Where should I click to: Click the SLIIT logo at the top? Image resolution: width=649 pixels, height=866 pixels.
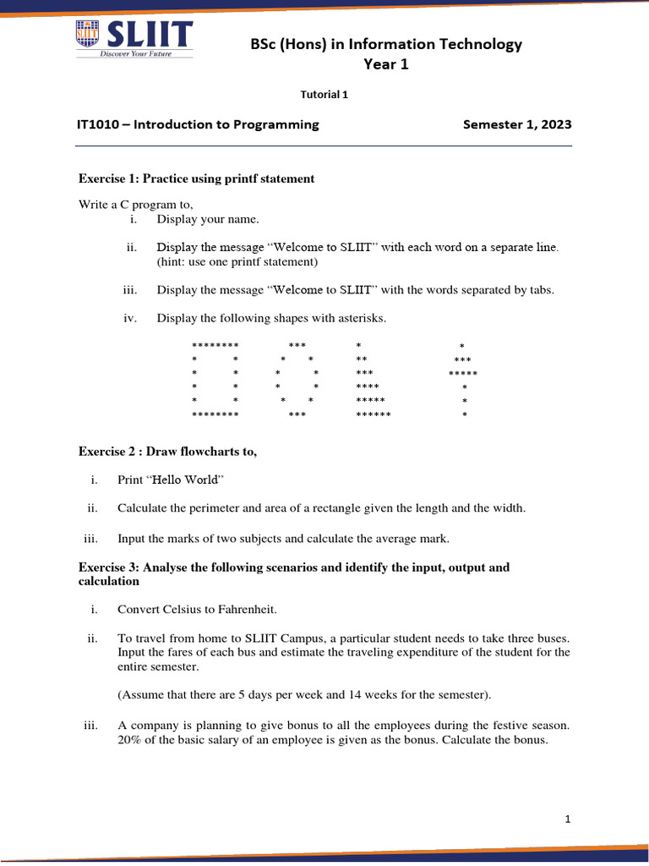pyautogui.click(x=134, y=38)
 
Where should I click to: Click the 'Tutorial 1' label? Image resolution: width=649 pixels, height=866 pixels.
pyautogui.click(x=324, y=95)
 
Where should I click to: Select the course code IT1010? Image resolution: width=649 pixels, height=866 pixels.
pyautogui.click(x=96, y=124)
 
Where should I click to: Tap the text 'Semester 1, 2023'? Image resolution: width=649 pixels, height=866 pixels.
pyautogui.click(x=517, y=124)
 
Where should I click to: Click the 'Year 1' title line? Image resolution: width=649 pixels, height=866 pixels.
pyautogui.click(x=385, y=64)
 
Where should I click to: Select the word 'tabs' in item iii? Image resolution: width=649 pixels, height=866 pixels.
pyautogui.click(x=540, y=290)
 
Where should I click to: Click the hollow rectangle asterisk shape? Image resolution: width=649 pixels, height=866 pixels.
pyautogui.click(x=215, y=380)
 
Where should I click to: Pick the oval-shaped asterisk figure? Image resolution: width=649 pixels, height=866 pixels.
pyautogui.click(x=297, y=380)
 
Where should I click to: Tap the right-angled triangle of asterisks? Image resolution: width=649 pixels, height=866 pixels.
pyautogui.click(x=372, y=380)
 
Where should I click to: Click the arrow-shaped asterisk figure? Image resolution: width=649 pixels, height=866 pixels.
pyautogui.click(x=463, y=380)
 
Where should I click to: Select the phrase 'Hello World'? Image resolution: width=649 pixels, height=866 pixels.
pyautogui.click(x=185, y=480)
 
